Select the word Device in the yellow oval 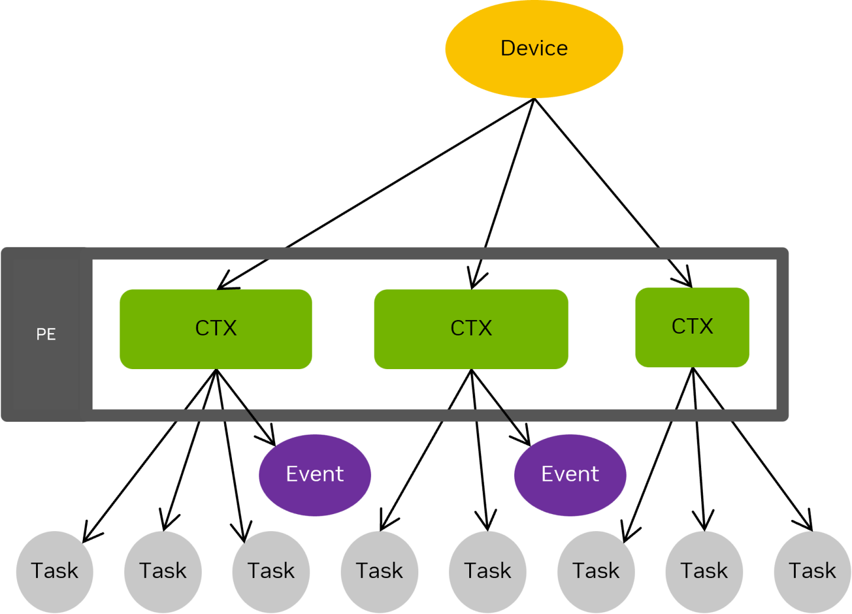[534, 48]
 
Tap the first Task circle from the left [54, 571]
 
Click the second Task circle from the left [163, 571]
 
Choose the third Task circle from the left [271, 571]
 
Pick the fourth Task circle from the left [379, 571]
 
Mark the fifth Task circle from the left [488, 571]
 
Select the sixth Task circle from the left [596, 571]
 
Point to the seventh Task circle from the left [704, 571]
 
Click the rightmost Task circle [812, 571]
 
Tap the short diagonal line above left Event [251, 415]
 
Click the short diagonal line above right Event [506, 415]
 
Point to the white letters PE [46, 334]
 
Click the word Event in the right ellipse [570, 474]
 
